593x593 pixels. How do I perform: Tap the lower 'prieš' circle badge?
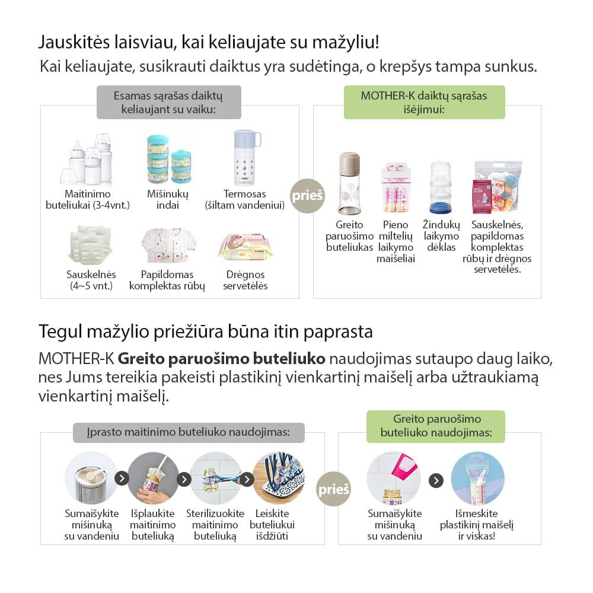click(333, 489)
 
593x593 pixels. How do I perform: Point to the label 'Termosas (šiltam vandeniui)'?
click(245, 200)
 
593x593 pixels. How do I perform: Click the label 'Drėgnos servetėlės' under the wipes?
click(246, 280)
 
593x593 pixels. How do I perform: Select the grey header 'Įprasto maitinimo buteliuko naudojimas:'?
click(189, 433)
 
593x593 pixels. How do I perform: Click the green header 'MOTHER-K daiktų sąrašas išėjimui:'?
click(424, 102)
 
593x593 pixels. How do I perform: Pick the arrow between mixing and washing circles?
click(122, 479)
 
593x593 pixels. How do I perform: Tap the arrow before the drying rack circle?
click(247, 479)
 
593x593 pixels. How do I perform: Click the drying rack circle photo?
click(279, 477)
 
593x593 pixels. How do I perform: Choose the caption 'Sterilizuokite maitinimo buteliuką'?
click(215, 525)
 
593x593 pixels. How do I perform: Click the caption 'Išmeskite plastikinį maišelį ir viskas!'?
click(477, 525)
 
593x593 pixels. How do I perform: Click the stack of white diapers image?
click(90, 244)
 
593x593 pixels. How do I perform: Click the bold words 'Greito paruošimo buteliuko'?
click(221, 359)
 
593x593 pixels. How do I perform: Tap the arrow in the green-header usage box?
click(436, 480)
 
